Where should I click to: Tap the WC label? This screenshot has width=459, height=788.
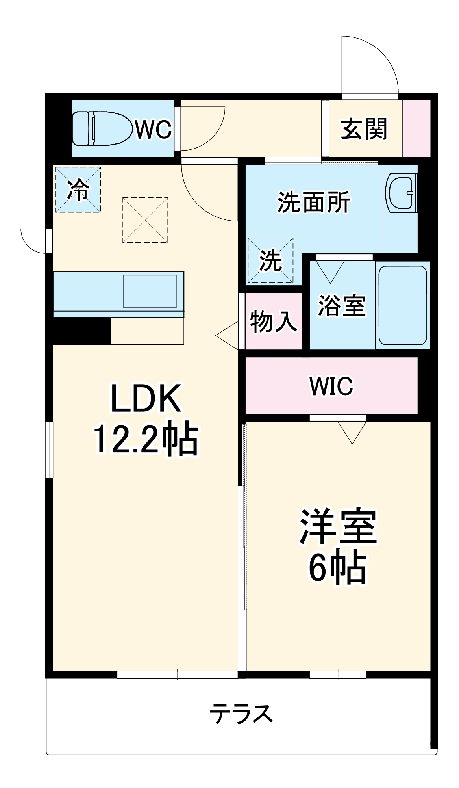(154, 129)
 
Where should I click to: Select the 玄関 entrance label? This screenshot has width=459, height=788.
(364, 129)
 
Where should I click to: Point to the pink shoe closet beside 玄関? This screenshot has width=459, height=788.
(416, 128)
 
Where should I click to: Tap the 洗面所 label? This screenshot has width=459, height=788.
(314, 202)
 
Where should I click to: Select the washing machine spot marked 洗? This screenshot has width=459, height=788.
(270, 260)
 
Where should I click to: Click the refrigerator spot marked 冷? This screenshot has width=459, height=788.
(78, 190)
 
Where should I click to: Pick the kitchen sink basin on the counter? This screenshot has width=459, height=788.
(150, 291)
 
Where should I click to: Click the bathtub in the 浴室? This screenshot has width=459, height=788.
(403, 305)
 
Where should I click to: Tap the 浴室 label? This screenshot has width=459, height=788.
(342, 305)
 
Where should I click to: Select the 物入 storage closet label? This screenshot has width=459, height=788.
(273, 321)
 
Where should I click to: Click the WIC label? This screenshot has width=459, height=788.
(331, 386)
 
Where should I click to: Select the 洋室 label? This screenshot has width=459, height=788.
(339, 527)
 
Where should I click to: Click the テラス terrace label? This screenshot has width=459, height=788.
(241, 714)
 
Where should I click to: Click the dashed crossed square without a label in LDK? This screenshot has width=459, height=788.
(145, 220)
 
